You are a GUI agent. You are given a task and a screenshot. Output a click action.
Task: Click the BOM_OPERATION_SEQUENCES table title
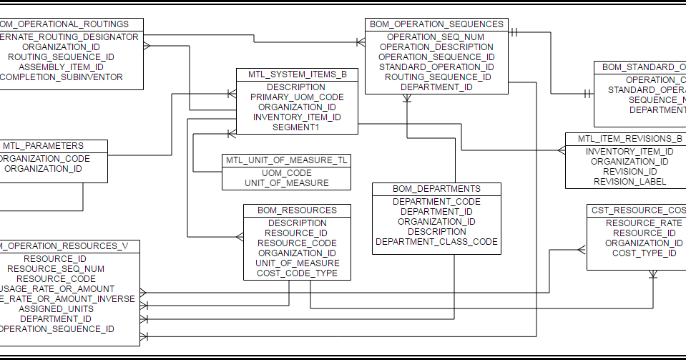[x=436, y=24]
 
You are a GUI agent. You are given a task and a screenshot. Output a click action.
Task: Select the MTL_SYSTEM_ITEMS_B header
[x=297, y=74]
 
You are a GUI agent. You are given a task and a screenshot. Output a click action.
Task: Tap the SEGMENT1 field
[x=297, y=127]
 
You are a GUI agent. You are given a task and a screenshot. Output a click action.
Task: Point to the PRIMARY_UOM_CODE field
[x=297, y=97]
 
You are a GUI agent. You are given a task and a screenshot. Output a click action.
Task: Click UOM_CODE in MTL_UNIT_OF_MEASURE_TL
[x=286, y=173]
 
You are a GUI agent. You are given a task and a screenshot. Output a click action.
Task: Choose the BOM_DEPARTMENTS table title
[x=436, y=189]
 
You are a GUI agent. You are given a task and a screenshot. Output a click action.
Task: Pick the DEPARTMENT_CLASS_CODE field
[x=436, y=242]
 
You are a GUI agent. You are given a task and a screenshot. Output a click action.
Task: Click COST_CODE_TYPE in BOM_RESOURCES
[x=297, y=273]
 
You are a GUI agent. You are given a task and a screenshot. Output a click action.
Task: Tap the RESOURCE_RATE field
[x=640, y=223]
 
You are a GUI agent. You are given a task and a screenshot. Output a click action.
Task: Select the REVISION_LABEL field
[x=629, y=182]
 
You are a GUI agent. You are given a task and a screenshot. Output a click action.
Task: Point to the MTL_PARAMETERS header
[x=43, y=146]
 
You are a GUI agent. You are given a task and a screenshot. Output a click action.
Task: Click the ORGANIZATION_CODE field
[x=43, y=159]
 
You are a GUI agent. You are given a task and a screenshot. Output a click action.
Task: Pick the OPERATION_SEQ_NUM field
[x=436, y=37]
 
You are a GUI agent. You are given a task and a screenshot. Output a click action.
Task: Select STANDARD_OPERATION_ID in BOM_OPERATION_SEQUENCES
[x=436, y=67]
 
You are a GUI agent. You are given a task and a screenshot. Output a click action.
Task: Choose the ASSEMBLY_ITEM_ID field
[x=61, y=67]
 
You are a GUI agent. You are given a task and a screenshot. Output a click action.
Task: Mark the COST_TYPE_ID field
[x=644, y=253]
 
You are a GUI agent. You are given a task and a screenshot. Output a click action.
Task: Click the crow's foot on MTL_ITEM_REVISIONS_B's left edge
[x=561, y=150]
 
